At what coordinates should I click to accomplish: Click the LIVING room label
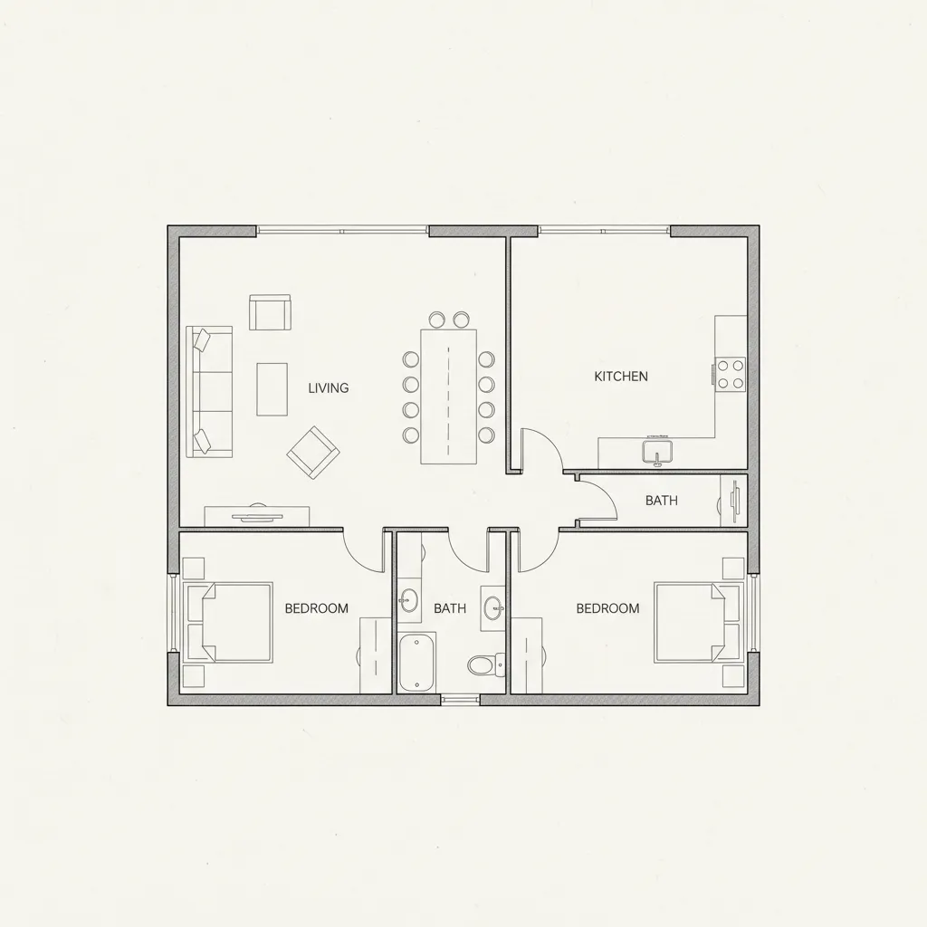(328, 388)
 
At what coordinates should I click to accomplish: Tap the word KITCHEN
(621, 377)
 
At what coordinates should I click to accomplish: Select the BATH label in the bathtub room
(450, 608)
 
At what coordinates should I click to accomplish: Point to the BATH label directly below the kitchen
(661, 501)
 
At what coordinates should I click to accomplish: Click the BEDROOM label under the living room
(316, 608)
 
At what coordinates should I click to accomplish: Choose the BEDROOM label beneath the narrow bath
(607, 608)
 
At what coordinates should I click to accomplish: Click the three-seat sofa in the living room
(209, 391)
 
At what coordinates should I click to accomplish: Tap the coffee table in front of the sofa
(272, 389)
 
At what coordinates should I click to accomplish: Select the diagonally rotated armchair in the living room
(312, 452)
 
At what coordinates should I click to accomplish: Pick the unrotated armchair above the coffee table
(270, 312)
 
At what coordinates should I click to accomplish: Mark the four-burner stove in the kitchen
(730, 375)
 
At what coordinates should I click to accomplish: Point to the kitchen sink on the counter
(657, 450)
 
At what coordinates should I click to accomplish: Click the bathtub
(416, 663)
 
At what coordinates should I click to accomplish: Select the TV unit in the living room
(257, 517)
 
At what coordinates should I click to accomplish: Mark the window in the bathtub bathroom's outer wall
(460, 699)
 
